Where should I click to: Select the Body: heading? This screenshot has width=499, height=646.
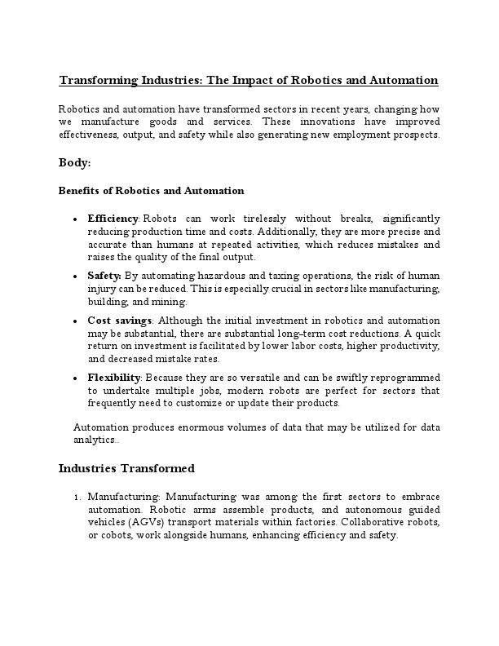(x=75, y=163)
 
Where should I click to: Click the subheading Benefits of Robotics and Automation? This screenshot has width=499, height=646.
(x=151, y=191)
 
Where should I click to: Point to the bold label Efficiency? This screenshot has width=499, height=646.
(x=114, y=219)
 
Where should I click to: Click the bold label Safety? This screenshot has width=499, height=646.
(x=104, y=276)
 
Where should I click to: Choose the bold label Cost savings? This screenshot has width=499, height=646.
(x=120, y=321)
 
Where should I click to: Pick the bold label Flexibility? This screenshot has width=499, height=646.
(x=115, y=378)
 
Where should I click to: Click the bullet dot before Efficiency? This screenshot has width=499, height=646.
(x=75, y=220)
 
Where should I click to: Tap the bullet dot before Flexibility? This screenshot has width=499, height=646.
(x=75, y=378)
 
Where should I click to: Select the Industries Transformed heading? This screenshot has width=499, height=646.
(x=126, y=469)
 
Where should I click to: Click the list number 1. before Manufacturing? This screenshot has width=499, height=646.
(x=77, y=497)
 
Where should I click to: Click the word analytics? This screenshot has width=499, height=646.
(x=95, y=440)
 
